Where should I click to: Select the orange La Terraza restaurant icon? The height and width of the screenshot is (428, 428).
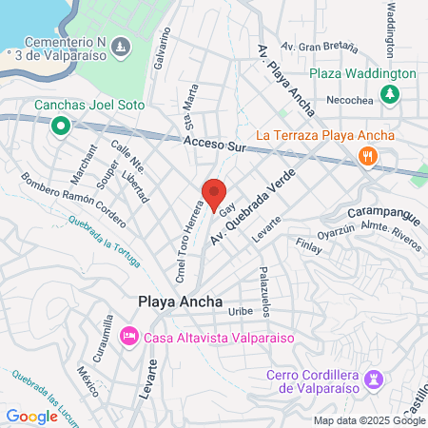pos(365,157)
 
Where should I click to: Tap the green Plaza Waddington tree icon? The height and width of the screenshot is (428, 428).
pos(388,93)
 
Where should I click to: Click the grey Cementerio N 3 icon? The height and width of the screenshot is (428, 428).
pos(119,46)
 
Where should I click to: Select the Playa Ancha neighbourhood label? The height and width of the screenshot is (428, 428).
pos(180,302)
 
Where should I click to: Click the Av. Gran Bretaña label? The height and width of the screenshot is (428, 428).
pos(313,46)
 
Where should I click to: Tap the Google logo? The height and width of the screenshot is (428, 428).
pos(31,416)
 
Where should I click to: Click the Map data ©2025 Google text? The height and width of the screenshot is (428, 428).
pos(369,420)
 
